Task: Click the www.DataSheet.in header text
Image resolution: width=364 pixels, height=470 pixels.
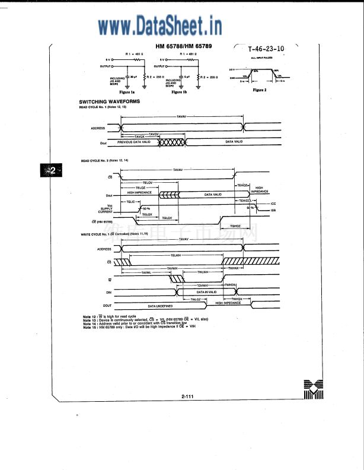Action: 160,26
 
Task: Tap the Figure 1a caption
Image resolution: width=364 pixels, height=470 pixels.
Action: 127,93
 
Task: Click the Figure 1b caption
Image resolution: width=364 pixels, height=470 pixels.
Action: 178,93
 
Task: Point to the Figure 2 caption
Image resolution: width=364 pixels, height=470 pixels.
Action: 260,90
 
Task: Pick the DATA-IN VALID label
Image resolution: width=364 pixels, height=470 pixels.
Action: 207,291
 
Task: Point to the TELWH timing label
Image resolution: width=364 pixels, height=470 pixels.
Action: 175,255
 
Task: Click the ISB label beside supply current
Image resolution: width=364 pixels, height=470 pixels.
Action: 273,209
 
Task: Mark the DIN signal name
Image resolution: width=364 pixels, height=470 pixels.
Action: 108,292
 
